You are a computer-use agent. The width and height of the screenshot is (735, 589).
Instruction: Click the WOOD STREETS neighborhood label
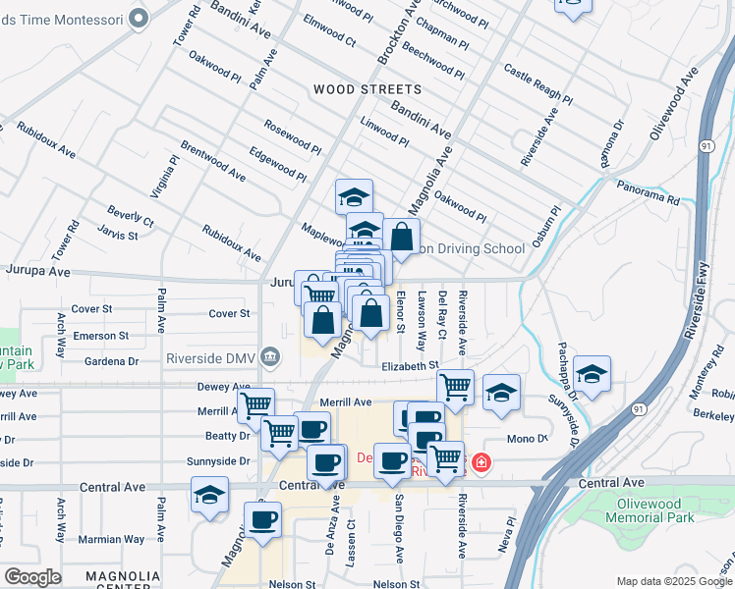pyautogui.click(x=367, y=89)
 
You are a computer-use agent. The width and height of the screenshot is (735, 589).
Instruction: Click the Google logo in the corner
pyautogui.click(x=32, y=576)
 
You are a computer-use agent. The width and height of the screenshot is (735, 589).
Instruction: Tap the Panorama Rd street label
pyautogui.click(x=648, y=191)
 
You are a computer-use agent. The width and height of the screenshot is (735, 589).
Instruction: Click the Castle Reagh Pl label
pyautogui.click(x=537, y=83)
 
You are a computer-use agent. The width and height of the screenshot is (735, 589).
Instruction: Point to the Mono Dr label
pyautogui.click(x=527, y=438)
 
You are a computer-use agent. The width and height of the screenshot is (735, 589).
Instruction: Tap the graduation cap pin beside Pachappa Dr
pyautogui.click(x=592, y=374)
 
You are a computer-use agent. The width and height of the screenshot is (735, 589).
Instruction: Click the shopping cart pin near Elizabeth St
pyautogui.click(x=455, y=386)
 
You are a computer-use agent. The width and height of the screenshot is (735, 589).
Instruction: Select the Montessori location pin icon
pyautogui.click(x=139, y=17)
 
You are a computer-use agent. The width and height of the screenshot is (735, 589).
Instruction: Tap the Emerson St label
pyautogui.click(x=101, y=336)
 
